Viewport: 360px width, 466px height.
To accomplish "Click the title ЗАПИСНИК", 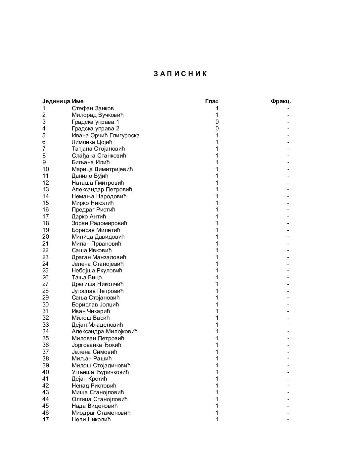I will click(x=180, y=74).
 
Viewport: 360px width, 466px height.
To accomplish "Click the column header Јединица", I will click(x=56, y=101).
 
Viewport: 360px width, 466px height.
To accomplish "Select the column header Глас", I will click(x=212, y=101).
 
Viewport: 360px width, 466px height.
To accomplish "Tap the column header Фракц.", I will click(x=281, y=101).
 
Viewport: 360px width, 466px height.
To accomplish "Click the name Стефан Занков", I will click(x=93, y=108).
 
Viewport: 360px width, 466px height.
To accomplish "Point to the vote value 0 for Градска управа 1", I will click(x=217, y=122).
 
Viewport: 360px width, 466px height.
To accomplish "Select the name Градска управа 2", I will click(x=95, y=128).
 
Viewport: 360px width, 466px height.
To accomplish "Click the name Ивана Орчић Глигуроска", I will click(x=106, y=135).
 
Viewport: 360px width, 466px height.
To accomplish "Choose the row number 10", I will click(x=46, y=169).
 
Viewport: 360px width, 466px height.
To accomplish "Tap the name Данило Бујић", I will click(x=90, y=176).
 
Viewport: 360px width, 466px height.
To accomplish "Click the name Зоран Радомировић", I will click(x=99, y=223).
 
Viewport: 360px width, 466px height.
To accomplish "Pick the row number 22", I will click(x=46, y=250).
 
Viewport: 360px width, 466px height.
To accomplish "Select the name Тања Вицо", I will click(x=87, y=277).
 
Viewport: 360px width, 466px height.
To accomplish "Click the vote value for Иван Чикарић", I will click(x=217, y=311).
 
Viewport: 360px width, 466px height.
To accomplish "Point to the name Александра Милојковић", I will click(x=105, y=331).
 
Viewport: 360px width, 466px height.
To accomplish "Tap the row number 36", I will click(x=46, y=345).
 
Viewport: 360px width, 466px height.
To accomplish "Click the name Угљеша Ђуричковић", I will click(x=100, y=372).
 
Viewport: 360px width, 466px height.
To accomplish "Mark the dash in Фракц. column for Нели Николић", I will click(x=288, y=419).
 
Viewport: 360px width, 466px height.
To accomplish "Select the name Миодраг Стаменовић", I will click(x=101, y=413).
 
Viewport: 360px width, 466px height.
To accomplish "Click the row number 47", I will click(x=46, y=419).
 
